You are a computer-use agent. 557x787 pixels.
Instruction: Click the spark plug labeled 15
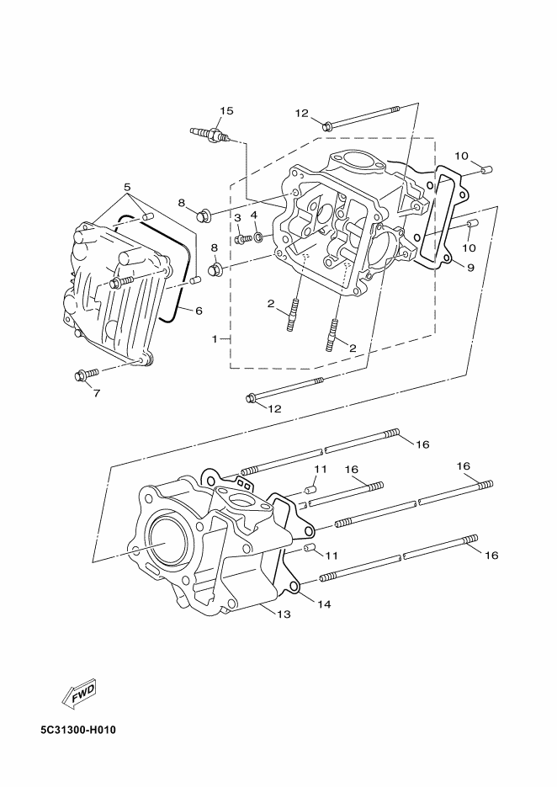click(x=210, y=135)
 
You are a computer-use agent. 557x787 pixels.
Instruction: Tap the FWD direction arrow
click(x=77, y=695)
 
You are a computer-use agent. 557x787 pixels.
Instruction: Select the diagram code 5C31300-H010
click(x=78, y=729)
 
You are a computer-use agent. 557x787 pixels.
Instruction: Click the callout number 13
click(x=284, y=614)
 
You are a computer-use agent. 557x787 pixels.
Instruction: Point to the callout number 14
click(x=324, y=604)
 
